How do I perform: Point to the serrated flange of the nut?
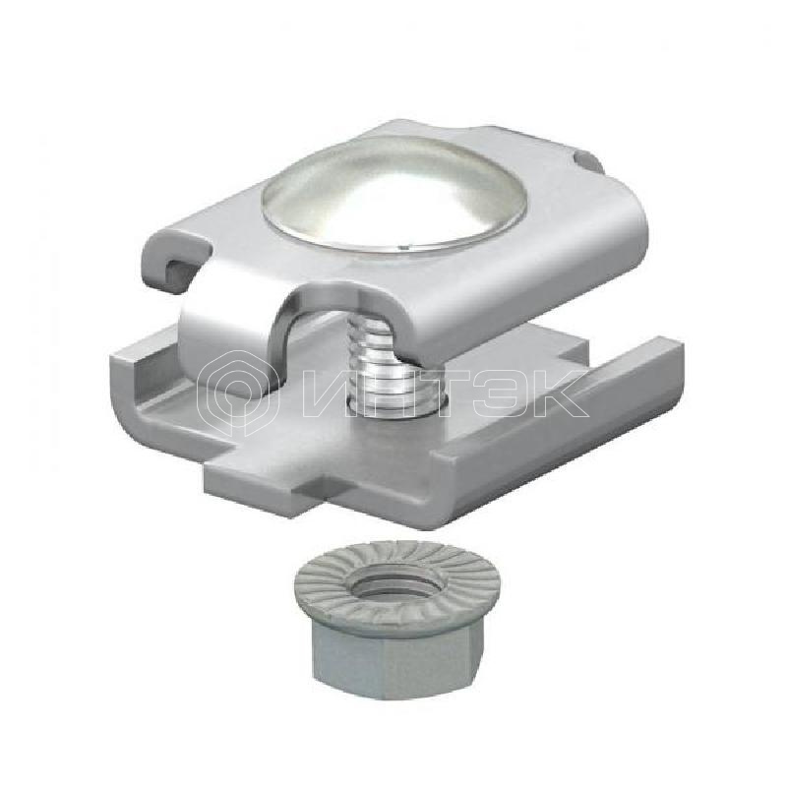coord(398,583)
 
